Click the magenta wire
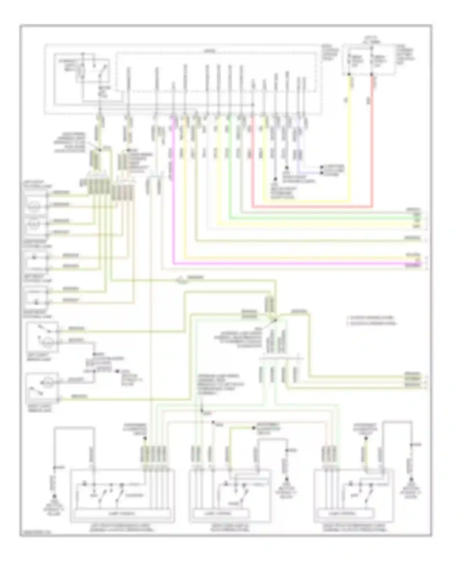276,263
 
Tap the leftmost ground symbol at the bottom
55,496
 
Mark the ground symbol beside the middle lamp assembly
286,479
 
